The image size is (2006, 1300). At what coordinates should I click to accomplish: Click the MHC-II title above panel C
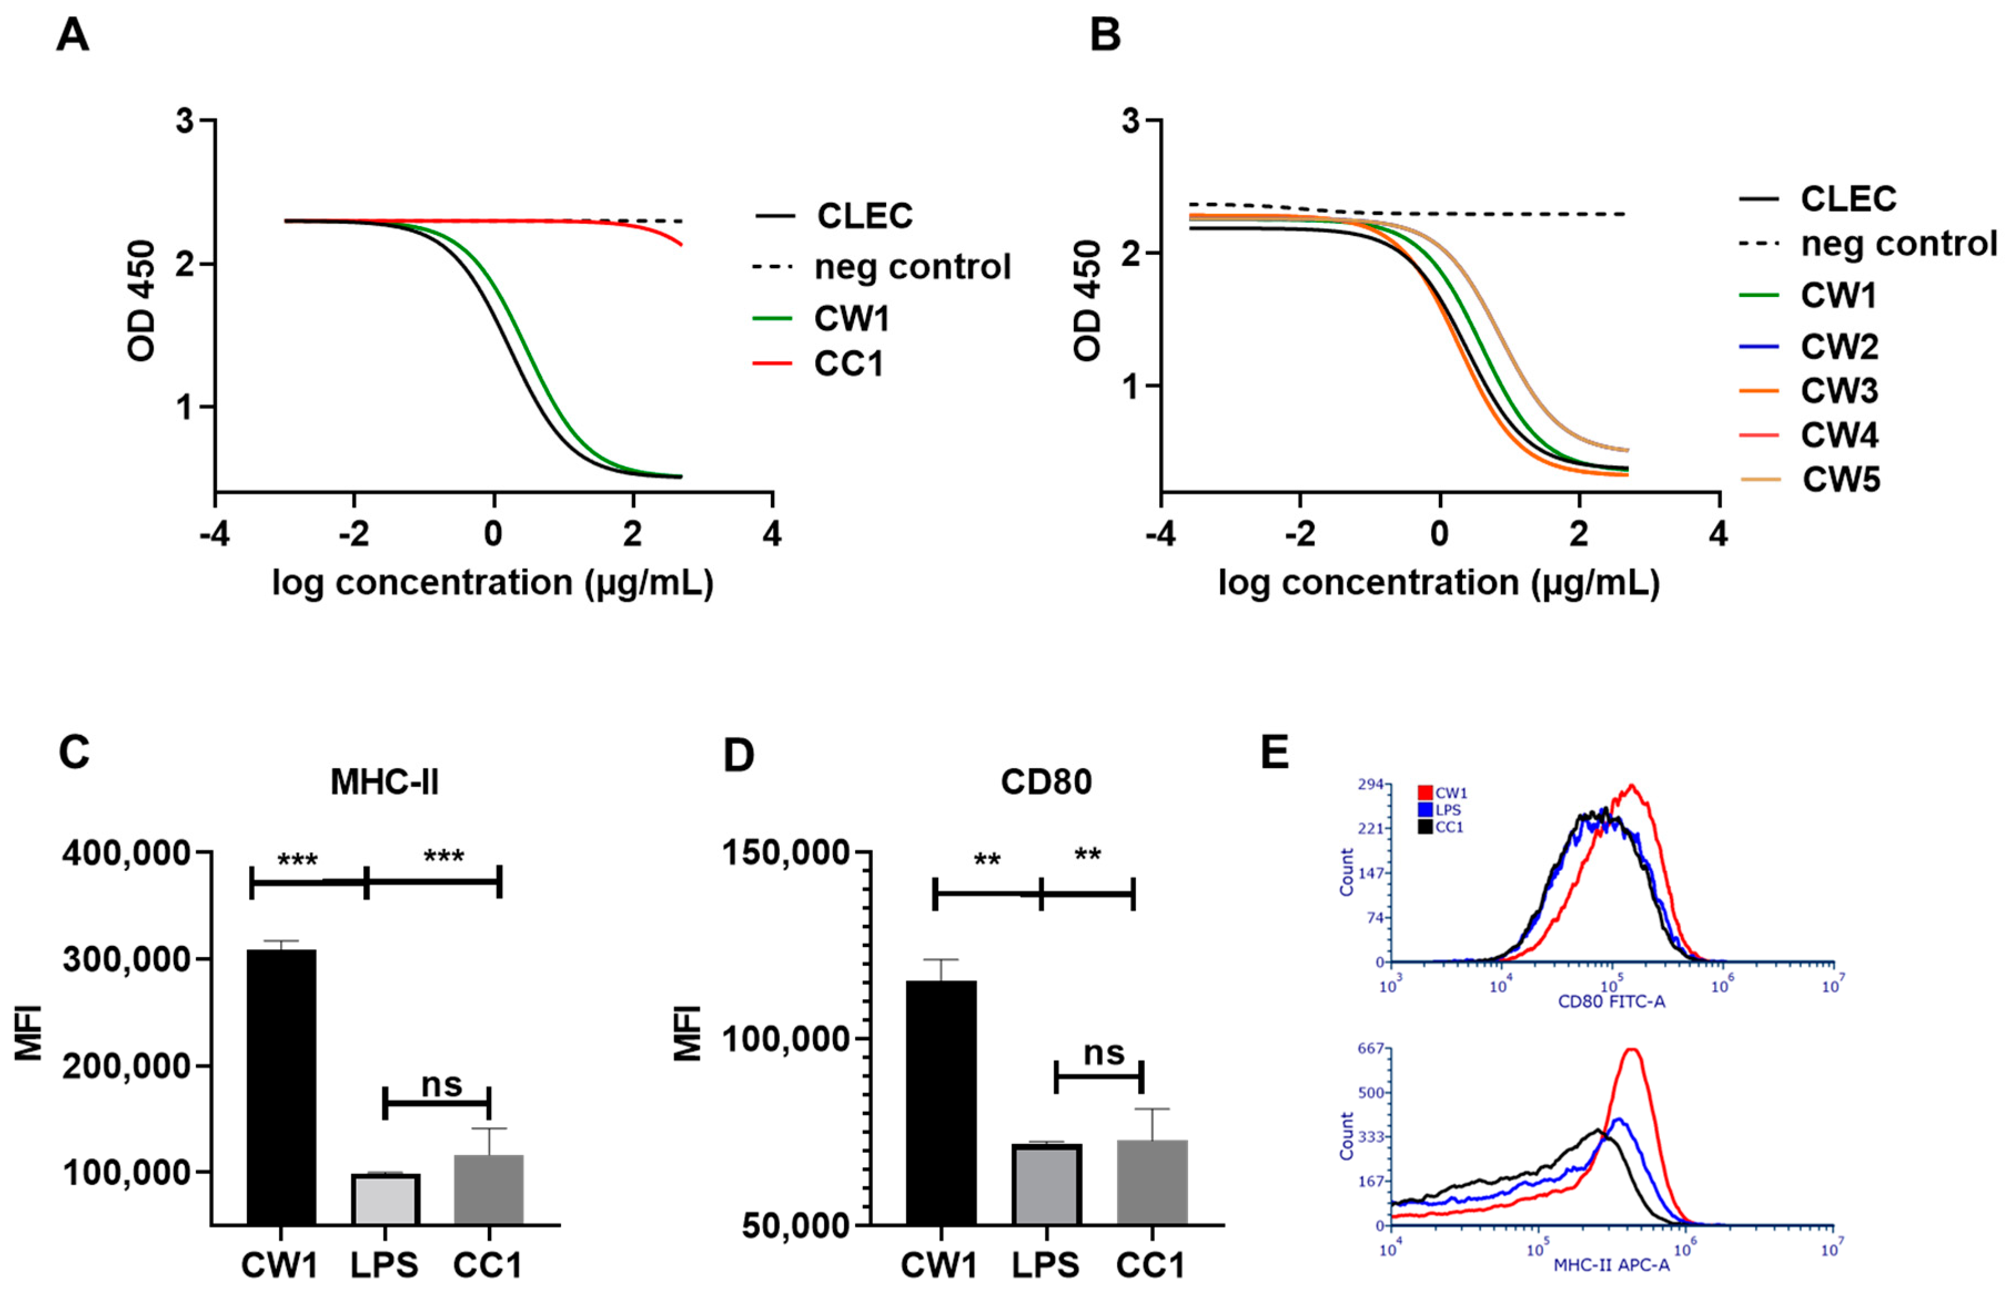(385, 782)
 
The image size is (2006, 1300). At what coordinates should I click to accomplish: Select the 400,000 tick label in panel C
(127, 853)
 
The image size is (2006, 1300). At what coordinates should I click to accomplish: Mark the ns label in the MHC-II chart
(442, 1084)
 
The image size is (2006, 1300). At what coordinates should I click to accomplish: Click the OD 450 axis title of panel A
(142, 301)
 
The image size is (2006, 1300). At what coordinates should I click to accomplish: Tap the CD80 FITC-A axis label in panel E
(1611, 1001)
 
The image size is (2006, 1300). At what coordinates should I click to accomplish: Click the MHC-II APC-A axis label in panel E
(1611, 1264)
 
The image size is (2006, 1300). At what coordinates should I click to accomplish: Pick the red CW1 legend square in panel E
(1425, 793)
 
